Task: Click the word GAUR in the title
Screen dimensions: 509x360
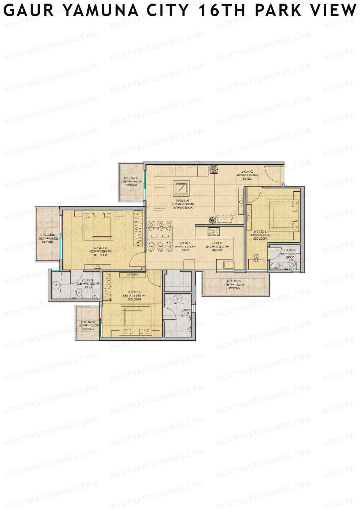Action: click(x=29, y=10)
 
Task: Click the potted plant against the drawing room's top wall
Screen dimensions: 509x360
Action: click(x=214, y=169)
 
